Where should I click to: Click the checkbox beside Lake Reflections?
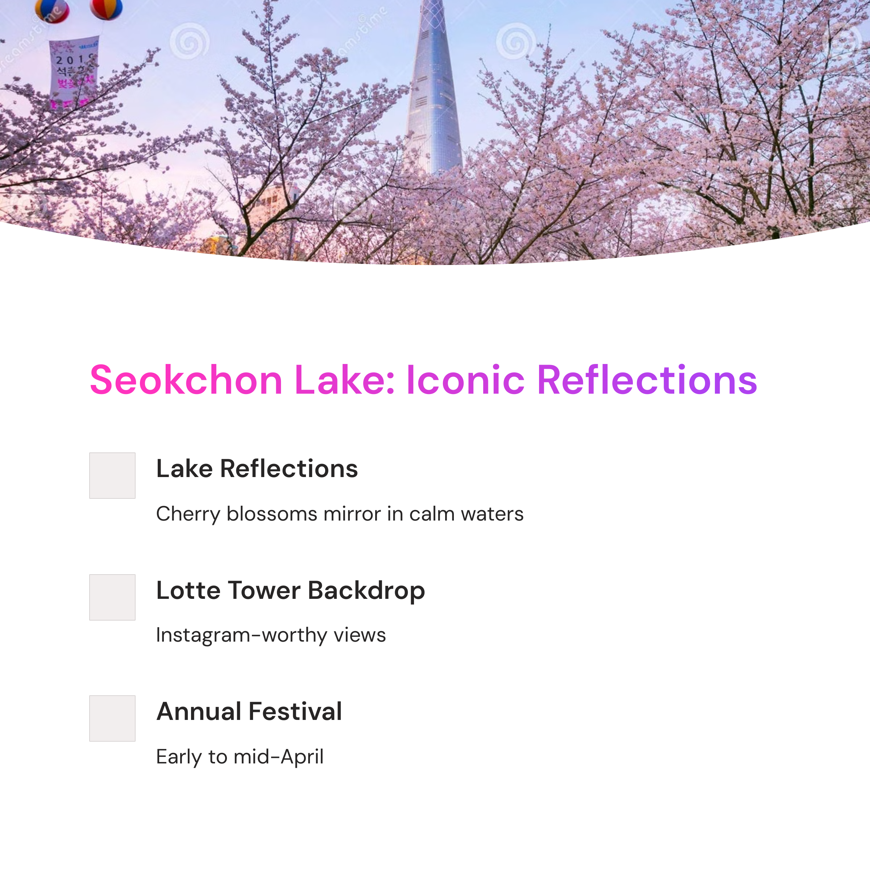112,476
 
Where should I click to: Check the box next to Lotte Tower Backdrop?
112,597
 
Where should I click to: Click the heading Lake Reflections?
257,468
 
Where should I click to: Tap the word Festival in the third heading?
295,712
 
